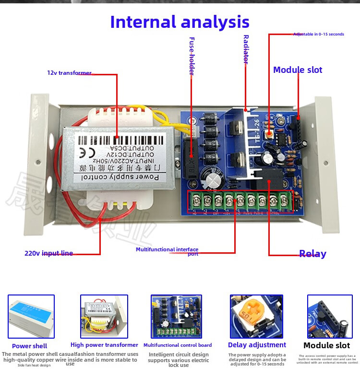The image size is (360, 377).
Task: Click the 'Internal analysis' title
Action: click(x=180, y=22)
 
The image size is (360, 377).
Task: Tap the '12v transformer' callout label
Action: click(x=69, y=73)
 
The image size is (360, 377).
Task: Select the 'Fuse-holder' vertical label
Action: click(x=192, y=56)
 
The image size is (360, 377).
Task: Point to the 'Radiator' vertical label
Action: click(x=246, y=49)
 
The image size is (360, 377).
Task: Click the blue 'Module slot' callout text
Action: click(x=298, y=70)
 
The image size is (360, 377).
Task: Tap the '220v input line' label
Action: click(x=48, y=253)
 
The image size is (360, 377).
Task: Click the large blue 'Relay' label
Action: click(x=312, y=254)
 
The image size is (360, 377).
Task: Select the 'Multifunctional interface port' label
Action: click(x=167, y=250)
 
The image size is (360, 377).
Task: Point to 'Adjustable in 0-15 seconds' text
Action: click(x=319, y=35)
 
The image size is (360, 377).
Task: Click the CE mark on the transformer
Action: click(x=81, y=153)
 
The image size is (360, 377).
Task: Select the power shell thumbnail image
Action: click(x=31, y=317)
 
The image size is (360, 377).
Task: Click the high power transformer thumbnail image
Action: click(x=104, y=316)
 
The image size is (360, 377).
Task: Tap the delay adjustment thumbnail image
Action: click(x=256, y=317)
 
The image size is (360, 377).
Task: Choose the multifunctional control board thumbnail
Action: click(x=177, y=317)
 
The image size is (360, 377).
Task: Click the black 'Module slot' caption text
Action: click(x=327, y=345)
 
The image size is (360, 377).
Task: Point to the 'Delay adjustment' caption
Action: click(x=257, y=345)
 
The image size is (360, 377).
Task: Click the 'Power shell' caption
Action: click(x=30, y=346)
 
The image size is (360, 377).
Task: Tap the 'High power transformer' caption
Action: click(x=104, y=345)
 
